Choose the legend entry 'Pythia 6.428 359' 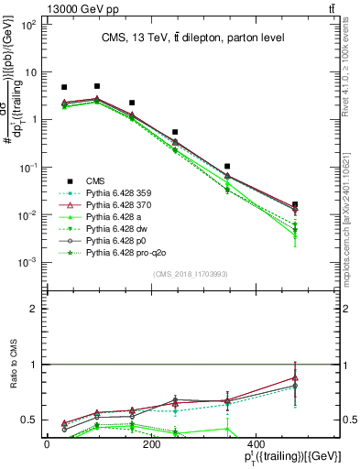coord(129,192)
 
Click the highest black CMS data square coord(97,86)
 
